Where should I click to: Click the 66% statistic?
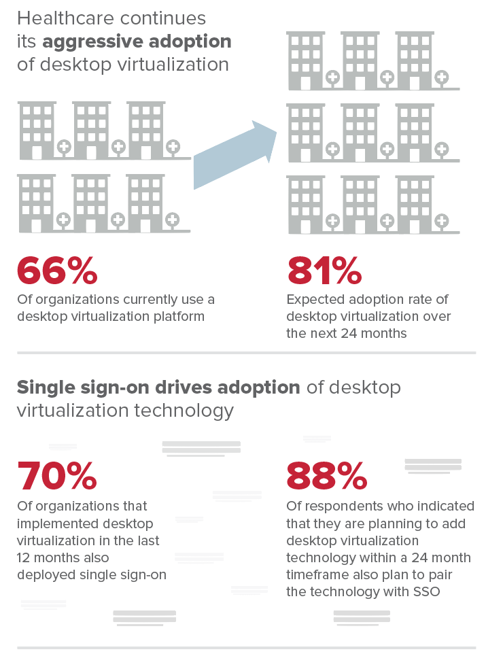pos(57,271)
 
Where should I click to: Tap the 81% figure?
pos(324,271)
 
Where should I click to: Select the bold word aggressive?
pos(90,41)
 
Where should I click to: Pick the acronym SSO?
pos(426,591)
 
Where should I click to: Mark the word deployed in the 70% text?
pos(45,574)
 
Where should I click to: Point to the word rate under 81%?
pos(430,300)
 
